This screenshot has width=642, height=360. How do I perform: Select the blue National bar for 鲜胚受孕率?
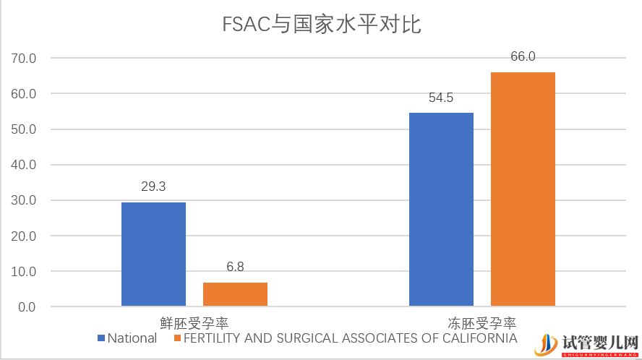coord(153,254)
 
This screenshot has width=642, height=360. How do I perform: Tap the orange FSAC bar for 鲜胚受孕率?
coord(235,294)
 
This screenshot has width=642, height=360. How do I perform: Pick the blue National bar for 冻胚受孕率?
coord(441,209)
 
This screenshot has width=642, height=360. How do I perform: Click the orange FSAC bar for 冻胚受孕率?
coord(523,189)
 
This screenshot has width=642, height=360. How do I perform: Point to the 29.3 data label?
coord(153,187)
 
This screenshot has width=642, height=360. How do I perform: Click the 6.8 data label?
coord(235,267)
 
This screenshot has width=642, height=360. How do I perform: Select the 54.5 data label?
coord(441,98)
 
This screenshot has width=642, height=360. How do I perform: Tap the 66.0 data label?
coord(523,57)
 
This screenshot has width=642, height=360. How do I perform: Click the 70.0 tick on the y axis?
coord(22,59)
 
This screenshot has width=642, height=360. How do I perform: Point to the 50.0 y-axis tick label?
coord(22,129)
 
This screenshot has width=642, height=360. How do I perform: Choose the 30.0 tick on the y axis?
coord(22,201)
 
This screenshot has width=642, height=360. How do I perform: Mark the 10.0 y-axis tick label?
coord(22,272)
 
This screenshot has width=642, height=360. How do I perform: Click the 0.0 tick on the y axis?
coord(25,307)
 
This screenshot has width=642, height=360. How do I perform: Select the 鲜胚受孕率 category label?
coord(194,322)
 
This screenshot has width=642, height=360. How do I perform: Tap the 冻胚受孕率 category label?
coord(482,322)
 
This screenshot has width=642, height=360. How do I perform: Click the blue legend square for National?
coord(101,338)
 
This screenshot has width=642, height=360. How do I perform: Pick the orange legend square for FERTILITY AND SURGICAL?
coord(176,338)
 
